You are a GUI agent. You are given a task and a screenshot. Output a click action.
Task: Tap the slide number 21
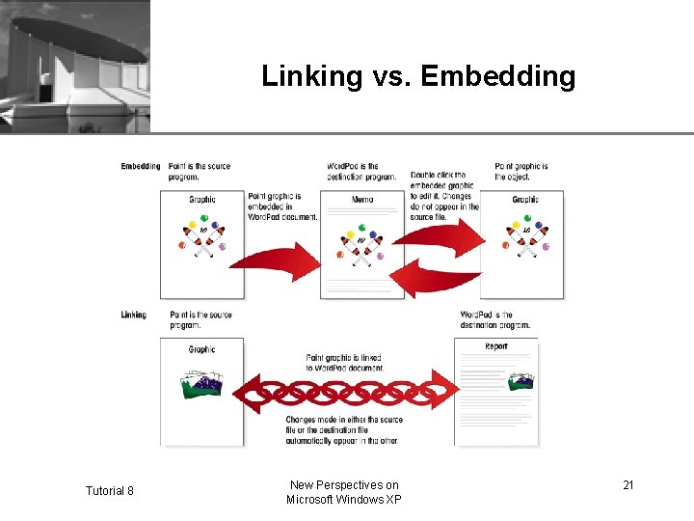(x=627, y=484)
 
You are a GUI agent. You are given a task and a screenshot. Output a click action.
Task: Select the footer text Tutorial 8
(x=109, y=491)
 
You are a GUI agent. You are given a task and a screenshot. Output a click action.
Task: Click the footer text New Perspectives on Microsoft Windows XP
(x=343, y=492)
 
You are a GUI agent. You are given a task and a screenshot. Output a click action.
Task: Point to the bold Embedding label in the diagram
(x=141, y=166)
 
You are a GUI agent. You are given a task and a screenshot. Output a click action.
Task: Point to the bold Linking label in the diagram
(x=134, y=315)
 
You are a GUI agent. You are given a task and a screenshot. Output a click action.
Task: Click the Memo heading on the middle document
(x=361, y=200)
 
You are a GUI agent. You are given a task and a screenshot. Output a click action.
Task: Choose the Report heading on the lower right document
(x=495, y=346)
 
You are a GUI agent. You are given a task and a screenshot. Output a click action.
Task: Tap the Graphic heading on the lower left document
(x=202, y=349)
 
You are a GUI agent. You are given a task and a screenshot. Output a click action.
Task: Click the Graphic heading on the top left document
(x=202, y=200)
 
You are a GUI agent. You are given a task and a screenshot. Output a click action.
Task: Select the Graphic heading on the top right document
(x=525, y=200)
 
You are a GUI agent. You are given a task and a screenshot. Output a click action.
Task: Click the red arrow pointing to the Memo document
(x=276, y=258)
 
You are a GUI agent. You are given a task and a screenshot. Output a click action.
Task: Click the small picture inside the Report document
(x=519, y=383)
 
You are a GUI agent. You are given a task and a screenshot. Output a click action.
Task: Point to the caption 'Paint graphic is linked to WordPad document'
(x=344, y=363)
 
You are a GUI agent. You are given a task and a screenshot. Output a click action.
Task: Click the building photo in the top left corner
(x=75, y=66)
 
